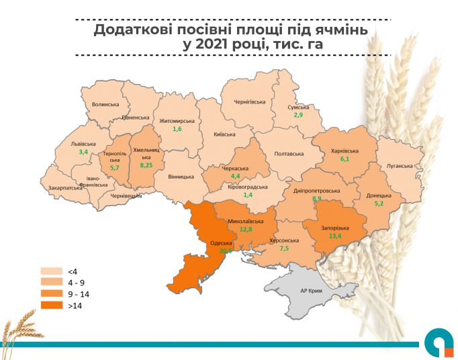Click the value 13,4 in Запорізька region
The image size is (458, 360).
pyautogui.click(x=334, y=236)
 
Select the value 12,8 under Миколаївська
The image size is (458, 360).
pyautogui.click(x=245, y=230)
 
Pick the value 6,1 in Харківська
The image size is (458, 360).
pyautogui.click(x=345, y=159)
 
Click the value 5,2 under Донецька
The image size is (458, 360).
pyautogui.click(x=379, y=204)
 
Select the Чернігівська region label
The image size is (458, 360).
pyautogui.click(x=249, y=102)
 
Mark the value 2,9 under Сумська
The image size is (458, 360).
pyautogui.click(x=298, y=116)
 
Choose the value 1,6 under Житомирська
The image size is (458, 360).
pyautogui.click(x=177, y=129)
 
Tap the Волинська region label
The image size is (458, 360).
pyautogui.click(x=105, y=105)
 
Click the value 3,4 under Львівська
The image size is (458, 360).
pyautogui.click(x=84, y=152)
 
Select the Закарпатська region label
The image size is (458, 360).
pyautogui.click(x=66, y=188)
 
